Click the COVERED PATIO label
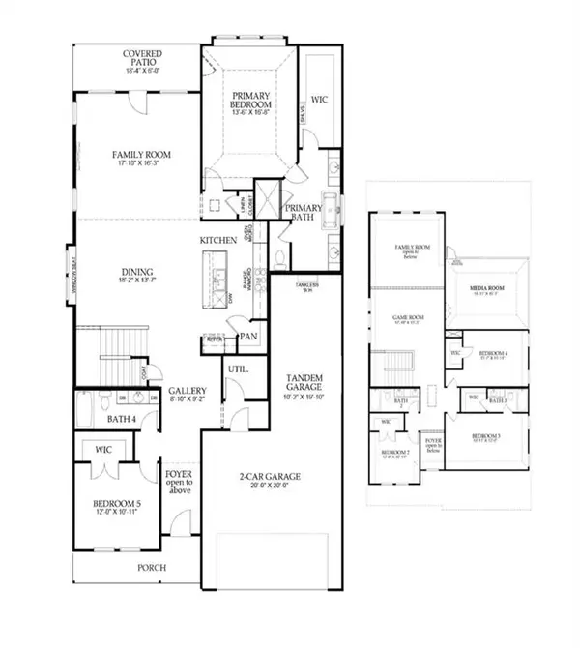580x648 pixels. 141,58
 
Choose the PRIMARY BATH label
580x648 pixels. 303,213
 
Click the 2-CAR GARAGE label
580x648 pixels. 272,476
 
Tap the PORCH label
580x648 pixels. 151,567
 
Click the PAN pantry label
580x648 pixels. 248,337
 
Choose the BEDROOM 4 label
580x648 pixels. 493,354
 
